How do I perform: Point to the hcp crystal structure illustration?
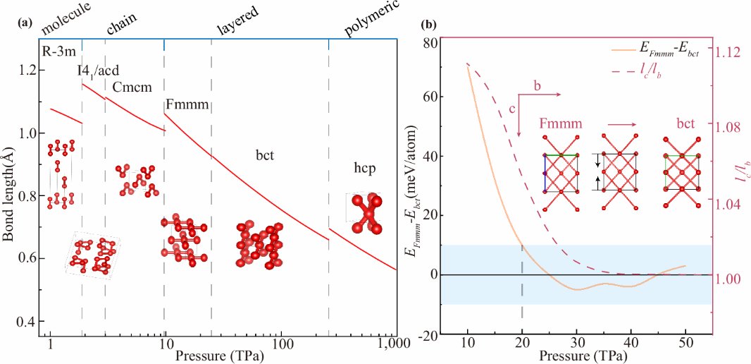click(x=365, y=213)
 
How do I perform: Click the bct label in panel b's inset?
click(x=687, y=123)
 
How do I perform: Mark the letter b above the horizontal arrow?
click(x=538, y=86)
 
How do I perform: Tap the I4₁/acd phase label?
click(x=98, y=70)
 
